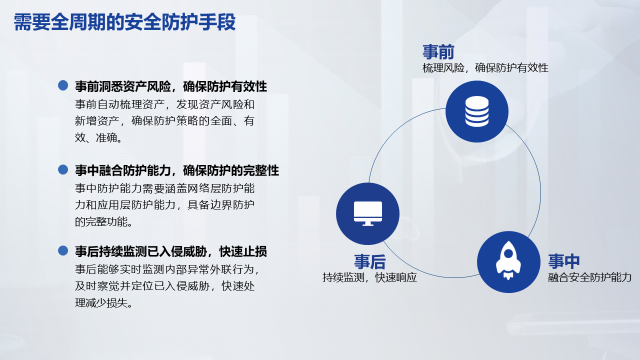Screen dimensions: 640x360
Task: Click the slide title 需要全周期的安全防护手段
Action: [124, 22]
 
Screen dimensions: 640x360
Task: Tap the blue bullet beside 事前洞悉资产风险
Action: [63, 85]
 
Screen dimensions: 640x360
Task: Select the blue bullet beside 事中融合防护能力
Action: [63, 169]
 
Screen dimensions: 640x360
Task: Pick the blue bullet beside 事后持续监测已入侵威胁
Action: [63, 250]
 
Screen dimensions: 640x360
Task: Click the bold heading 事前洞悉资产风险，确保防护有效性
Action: [171, 86]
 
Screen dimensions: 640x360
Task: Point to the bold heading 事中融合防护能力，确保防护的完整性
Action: [177, 170]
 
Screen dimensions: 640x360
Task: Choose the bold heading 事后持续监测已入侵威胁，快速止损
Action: [171, 251]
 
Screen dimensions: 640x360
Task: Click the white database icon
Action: [477, 111]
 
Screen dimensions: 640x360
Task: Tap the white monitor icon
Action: [367, 213]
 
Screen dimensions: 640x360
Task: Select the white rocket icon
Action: [508, 260]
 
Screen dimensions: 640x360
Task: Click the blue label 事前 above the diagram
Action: [438, 51]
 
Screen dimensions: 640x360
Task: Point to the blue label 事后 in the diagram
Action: [369, 261]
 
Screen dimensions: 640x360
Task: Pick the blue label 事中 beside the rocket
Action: [563, 261]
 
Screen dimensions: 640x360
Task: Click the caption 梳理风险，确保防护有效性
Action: [485, 68]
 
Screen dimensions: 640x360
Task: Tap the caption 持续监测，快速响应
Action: [369, 277]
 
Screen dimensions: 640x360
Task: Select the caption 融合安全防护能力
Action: [589, 277]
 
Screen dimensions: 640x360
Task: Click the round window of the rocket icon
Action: [508, 253]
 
